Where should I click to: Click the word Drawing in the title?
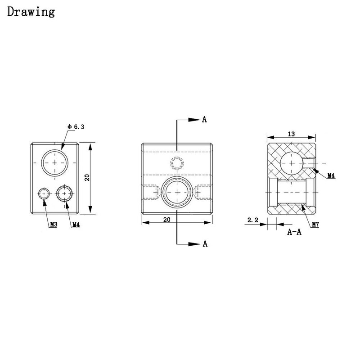(x=31, y=12)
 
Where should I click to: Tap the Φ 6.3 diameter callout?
(x=76, y=127)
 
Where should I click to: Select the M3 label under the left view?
(x=54, y=224)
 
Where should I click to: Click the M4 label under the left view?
(x=76, y=225)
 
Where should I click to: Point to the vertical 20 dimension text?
(x=87, y=177)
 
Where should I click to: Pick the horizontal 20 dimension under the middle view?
(x=167, y=220)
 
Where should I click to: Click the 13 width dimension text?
(x=291, y=134)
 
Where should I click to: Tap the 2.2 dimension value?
(x=253, y=220)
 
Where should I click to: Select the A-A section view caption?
(x=294, y=232)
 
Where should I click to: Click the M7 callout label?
(x=315, y=224)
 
